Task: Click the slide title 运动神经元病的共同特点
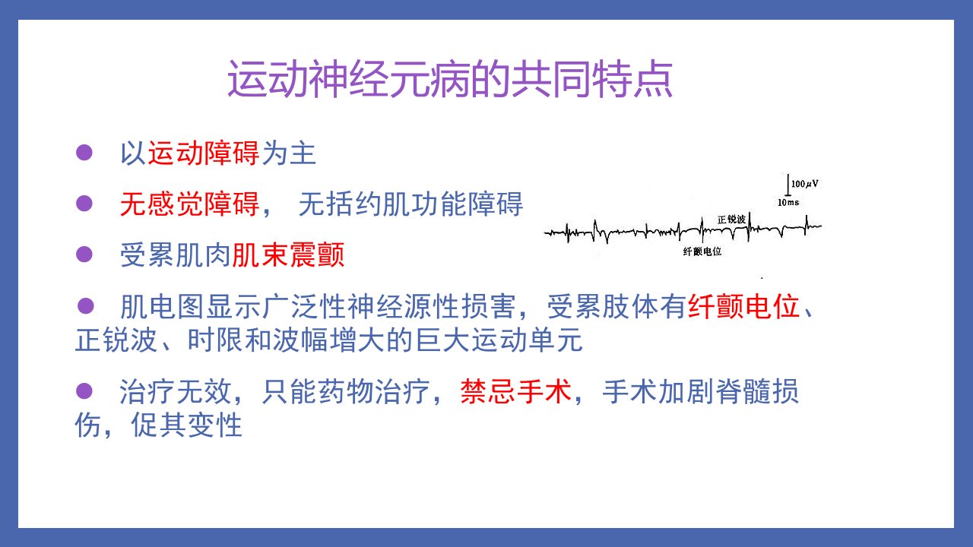[x=451, y=79]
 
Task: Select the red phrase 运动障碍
[x=204, y=153]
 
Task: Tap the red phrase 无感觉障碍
[x=190, y=204]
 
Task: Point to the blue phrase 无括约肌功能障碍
[x=410, y=204]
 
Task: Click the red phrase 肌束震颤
[x=288, y=255]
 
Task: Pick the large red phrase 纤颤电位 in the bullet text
[x=744, y=306]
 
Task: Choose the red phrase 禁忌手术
[x=516, y=391]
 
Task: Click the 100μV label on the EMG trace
[x=804, y=184]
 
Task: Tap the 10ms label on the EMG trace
[x=788, y=202]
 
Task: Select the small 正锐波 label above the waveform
[x=731, y=220]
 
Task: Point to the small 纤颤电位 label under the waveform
[x=702, y=251]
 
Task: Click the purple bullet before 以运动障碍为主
[x=84, y=153]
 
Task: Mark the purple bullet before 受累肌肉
[x=84, y=255]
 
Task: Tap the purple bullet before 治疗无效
[x=84, y=390]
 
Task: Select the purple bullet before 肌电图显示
[x=86, y=305]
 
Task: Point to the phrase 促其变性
[x=186, y=425]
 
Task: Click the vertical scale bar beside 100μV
[x=788, y=185]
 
